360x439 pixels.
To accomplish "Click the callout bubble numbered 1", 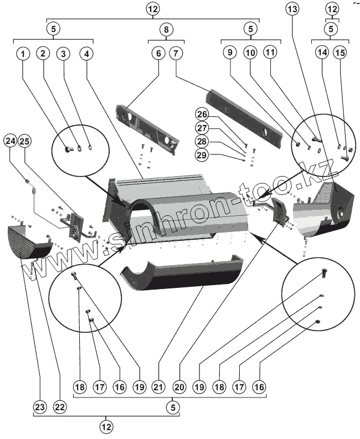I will coord(23,54).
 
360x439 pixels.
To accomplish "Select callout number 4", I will coord(86,54).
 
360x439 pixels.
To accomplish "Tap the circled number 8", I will coord(166,28).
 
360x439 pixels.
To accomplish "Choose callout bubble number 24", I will coord(9,141).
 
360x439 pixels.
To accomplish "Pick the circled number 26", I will coord(202,115).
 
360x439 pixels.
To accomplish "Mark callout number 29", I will coord(202,156).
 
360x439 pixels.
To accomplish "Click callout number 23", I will coord(39,406).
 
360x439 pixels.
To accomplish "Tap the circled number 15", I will coord(341,54).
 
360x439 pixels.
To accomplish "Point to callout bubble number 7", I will coord(176,54).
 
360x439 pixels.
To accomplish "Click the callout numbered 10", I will coord(250,54).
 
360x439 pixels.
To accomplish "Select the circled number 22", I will coord(59,406).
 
